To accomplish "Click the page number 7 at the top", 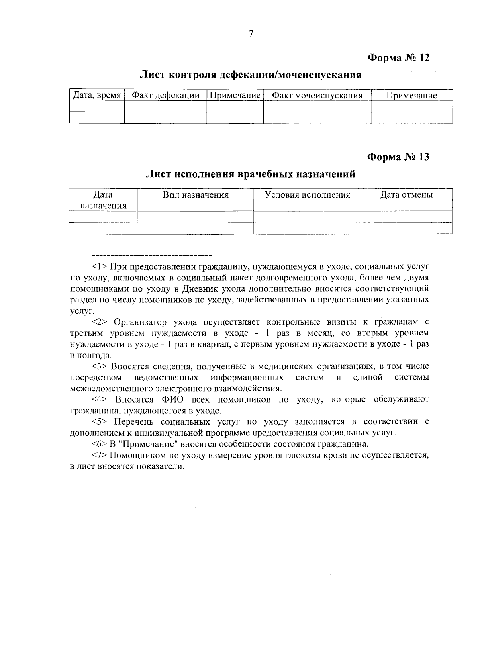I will coord(251,34).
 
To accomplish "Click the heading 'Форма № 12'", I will coord(398,58).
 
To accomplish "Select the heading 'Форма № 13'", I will coord(398,157).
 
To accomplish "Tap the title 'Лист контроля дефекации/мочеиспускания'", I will coord(251,75).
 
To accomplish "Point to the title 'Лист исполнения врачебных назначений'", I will coord(251,174).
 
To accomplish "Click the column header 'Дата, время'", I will coord(96,95).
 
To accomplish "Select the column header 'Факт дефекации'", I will coord(165,95).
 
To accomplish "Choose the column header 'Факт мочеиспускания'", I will coord(317,96).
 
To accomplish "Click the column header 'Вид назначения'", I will coord(195,195).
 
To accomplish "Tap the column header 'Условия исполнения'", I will coord(307,195).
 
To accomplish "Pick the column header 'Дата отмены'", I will coord(406,195).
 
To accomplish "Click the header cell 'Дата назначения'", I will coord(103,200).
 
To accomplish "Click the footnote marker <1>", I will coord(100,266).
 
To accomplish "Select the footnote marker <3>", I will coord(100,366).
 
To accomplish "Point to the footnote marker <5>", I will coord(100,422).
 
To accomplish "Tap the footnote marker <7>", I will coord(100,456).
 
